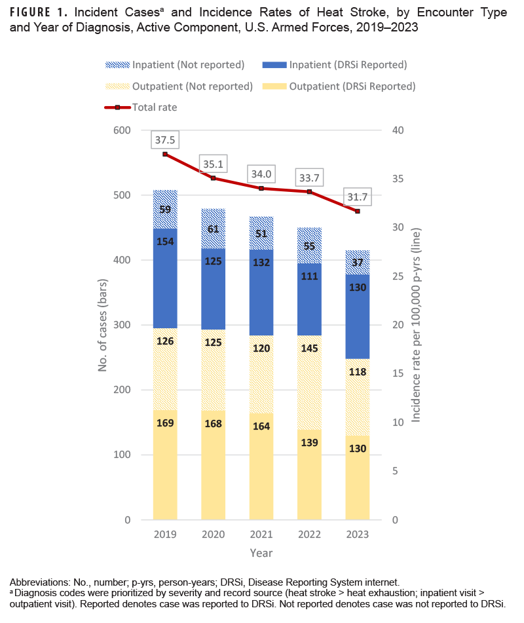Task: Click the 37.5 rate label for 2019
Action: (165, 140)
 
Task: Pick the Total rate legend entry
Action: (154, 107)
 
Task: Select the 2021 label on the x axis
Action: (261, 535)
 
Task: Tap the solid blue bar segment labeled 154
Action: (165, 243)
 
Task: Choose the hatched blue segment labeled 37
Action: (358, 262)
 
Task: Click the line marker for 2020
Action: (214, 178)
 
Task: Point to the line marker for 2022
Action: (309, 191)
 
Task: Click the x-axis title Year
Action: (261, 553)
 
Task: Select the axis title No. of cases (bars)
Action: (103, 325)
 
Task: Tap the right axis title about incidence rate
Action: (416, 325)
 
